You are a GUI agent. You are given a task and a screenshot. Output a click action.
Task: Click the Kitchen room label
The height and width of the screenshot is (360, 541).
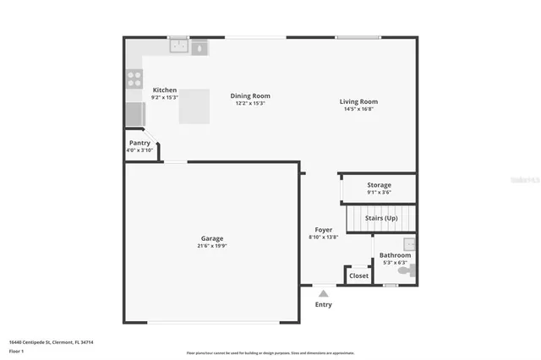[x=165, y=90]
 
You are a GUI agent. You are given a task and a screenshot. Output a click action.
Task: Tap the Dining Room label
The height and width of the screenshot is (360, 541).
[x=250, y=95]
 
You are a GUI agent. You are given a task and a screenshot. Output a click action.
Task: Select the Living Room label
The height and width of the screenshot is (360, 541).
[x=359, y=101]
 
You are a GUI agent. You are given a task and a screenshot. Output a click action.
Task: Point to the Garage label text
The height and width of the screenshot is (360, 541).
[x=211, y=238]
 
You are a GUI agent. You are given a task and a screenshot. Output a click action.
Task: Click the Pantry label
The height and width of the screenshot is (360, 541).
[x=139, y=144]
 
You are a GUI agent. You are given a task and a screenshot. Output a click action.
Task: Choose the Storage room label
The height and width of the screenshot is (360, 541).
[x=379, y=185]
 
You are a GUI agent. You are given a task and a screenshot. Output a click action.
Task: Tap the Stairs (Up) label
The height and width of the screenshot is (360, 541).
[x=380, y=218]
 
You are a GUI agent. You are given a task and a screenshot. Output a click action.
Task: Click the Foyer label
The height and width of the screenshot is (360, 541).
[x=324, y=230]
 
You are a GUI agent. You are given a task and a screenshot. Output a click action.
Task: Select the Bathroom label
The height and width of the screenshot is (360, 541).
[x=395, y=255]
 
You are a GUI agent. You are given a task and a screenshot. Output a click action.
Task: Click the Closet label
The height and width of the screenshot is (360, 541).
[x=358, y=275]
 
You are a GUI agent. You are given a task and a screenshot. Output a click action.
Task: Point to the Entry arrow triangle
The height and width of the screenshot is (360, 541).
[x=323, y=293]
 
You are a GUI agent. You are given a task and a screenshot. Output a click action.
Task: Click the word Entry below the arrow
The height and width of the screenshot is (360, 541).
[x=324, y=304]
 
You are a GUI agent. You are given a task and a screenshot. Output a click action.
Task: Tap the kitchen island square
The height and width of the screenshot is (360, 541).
[x=194, y=106]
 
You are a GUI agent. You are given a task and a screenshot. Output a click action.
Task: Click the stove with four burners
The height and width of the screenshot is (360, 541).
[x=134, y=79]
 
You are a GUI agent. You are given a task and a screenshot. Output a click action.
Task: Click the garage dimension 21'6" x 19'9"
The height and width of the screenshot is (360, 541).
[x=211, y=246]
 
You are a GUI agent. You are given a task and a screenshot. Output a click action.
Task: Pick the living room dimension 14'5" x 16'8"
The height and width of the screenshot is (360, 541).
[x=359, y=109]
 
